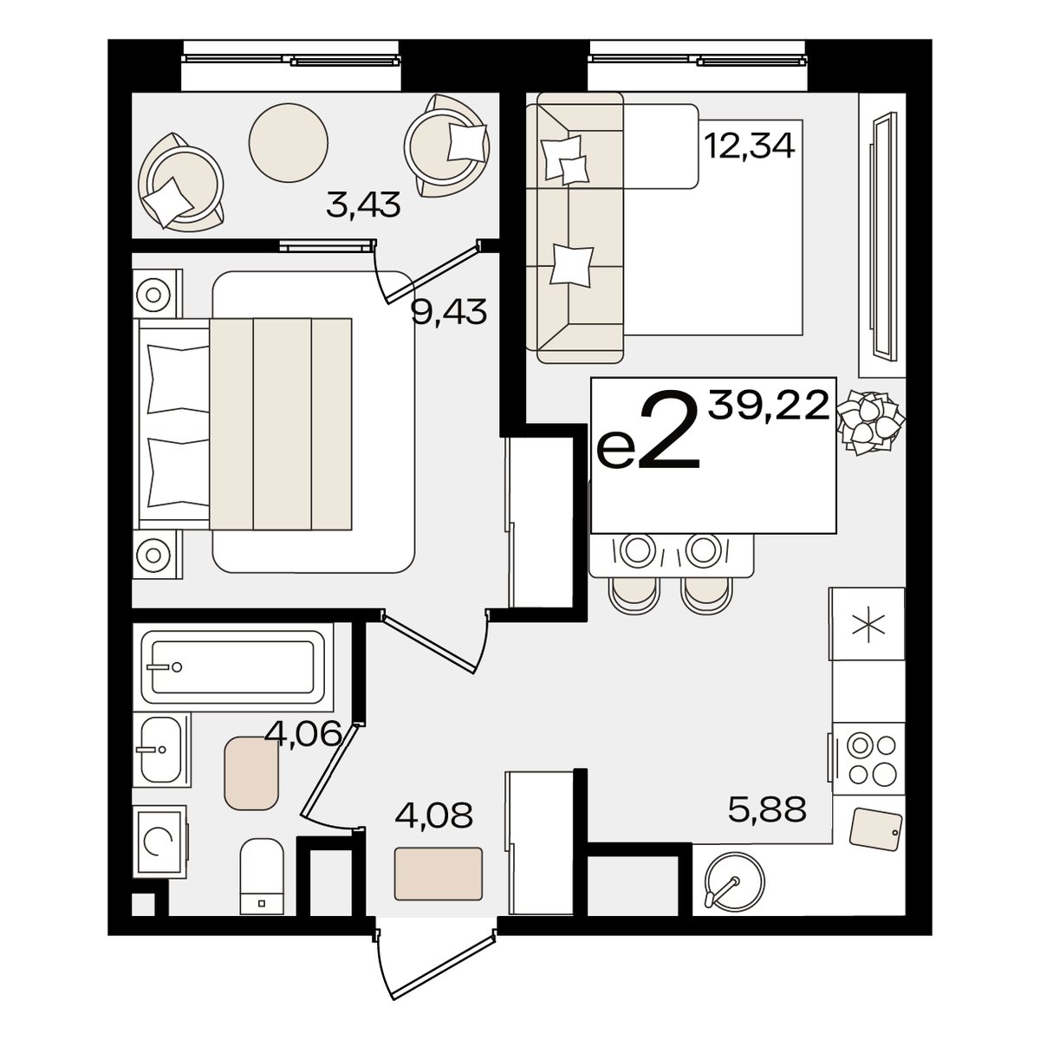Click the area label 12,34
click(x=749, y=146)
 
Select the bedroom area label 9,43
click(x=449, y=312)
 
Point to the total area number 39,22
click(x=769, y=406)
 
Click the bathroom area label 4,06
click(x=303, y=733)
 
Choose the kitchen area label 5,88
click(x=767, y=809)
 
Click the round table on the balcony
click(x=289, y=142)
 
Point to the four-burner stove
click(x=868, y=760)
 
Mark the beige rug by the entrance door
click(x=438, y=881)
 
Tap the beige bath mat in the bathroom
click(x=251, y=773)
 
